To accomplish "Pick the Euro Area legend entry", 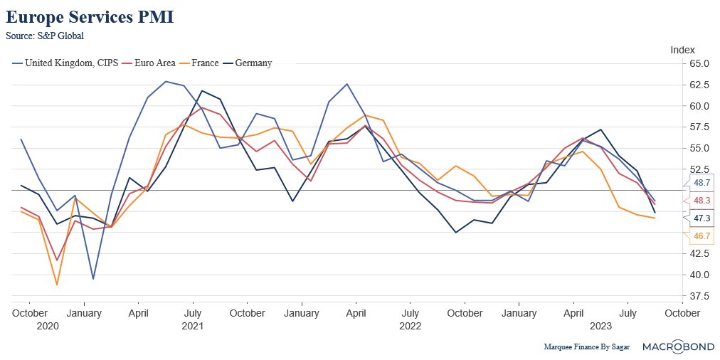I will tap(154, 63).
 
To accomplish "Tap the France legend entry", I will tap(205, 63).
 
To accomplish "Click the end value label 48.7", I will tap(702, 183).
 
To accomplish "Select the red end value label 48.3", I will tap(702, 201).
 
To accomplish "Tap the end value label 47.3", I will tap(702, 218).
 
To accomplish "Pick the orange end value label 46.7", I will tap(702, 235).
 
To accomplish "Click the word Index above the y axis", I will tap(682, 49).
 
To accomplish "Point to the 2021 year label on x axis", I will tap(192, 327).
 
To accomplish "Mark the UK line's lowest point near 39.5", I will tap(93, 278).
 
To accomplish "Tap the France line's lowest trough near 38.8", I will tap(57, 285).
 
